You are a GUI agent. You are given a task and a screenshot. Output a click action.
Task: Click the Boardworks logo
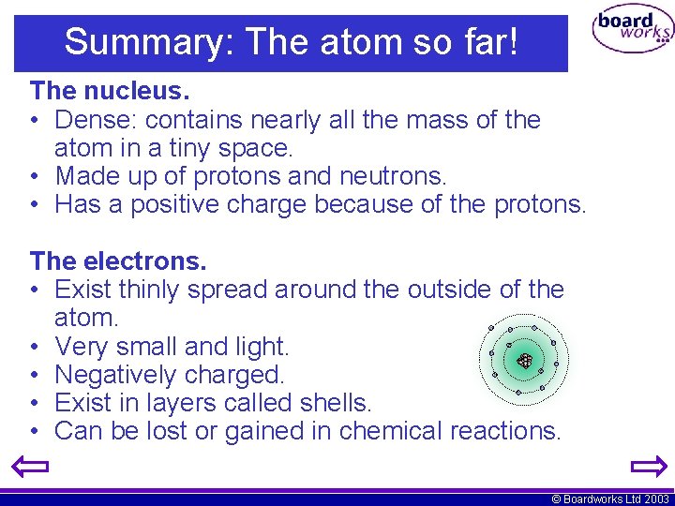[633, 30]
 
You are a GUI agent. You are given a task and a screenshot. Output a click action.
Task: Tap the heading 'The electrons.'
[118, 260]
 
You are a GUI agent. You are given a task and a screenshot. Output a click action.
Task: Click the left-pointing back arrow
[33, 466]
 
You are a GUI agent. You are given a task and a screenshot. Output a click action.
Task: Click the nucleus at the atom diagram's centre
[525, 360]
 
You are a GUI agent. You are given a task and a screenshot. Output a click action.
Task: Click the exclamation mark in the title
[511, 42]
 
